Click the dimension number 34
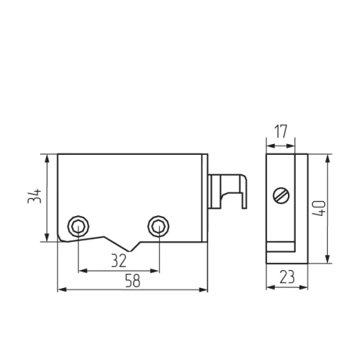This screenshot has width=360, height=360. click(35, 196)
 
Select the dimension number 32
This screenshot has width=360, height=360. click(119, 261)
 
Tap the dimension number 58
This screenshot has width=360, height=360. click(132, 281)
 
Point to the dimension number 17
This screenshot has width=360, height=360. click(281, 131)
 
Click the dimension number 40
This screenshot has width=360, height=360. click(320, 208)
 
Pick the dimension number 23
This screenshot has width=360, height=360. click(287, 276)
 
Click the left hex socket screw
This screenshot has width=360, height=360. click(78, 226)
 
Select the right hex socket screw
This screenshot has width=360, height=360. click(158, 226)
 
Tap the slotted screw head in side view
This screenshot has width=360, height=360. click(281, 196)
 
